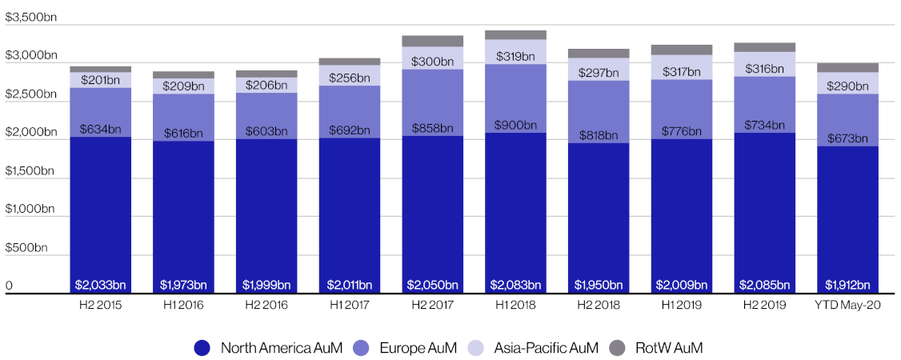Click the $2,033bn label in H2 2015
[x=101, y=284]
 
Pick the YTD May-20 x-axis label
[x=847, y=306]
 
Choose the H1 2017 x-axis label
[x=349, y=306]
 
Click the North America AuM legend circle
[x=202, y=347]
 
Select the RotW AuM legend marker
[x=616, y=347]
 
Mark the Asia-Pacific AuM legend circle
[x=475, y=347]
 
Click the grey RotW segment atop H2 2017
[x=433, y=41]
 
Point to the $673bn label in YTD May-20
[x=847, y=138]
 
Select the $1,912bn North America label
[x=847, y=284]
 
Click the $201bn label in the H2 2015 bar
[x=101, y=79]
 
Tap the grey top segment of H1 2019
[x=682, y=50]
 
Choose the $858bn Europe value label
[x=433, y=128]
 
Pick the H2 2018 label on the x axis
[x=599, y=306]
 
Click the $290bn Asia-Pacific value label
[x=847, y=85]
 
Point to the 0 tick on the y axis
[x=10, y=286]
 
